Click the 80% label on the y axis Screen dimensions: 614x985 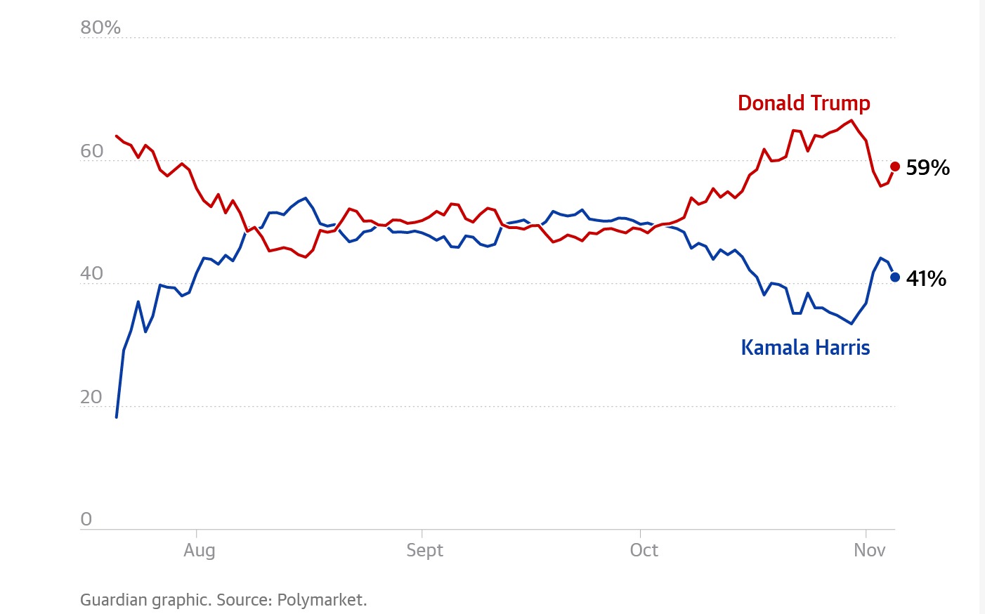pyautogui.click(x=100, y=28)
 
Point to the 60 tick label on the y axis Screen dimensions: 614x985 pyautogui.click(x=92, y=151)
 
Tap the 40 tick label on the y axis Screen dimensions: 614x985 pyautogui.click(x=92, y=274)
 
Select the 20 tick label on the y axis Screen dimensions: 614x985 pyautogui.click(x=92, y=397)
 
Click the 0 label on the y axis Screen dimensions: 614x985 pyautogui.click(x=86, y=520)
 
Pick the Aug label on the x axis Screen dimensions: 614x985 pyautogui.click(x=200, y=550)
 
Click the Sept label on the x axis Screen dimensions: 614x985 pyautogui.click(x=424, y=550)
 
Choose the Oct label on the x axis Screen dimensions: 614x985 pyautogui.click(x=644, y=550)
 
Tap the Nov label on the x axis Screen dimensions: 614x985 pyautogui.click(x=869, y=550)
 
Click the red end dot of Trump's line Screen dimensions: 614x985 pyautogui.click(x=895, y=166)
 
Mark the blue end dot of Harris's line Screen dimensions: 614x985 pyautogui.click(x=895, y=277)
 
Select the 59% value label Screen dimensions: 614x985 pyautogui.click(x=927, y=168)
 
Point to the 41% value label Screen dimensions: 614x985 pyautogui.click(x=926, y=279)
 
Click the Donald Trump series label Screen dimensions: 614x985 pyautogui.click(x=804, y=103)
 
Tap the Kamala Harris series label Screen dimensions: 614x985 pyautogui.click(x=805, y=348)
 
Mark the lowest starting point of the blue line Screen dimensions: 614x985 pyautogui.click(x=117, y=417)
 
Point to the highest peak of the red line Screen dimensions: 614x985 pyautogui.click(x=852, y=120)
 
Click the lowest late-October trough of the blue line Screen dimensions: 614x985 pyautogui.click(x=852, y=324)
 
